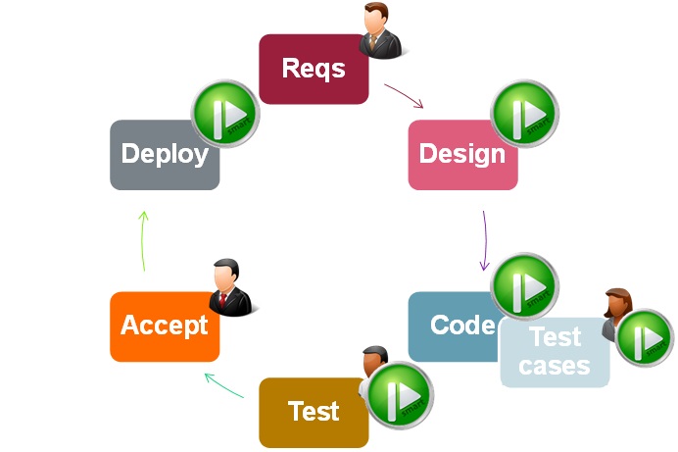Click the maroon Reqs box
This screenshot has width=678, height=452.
pos(313,70)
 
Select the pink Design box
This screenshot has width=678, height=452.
pos(461,155)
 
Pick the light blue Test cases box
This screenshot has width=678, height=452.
pos(554,352)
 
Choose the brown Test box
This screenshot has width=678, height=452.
pos(313,412)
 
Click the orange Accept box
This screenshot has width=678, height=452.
pos(164,326)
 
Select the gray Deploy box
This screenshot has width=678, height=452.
pos(164,155)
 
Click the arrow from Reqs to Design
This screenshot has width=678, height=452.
pos(404,95)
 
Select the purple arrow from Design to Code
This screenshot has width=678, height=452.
pos(484,239)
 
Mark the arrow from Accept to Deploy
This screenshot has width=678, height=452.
pos(142,240)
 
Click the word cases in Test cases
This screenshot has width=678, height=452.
pos(554,366)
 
